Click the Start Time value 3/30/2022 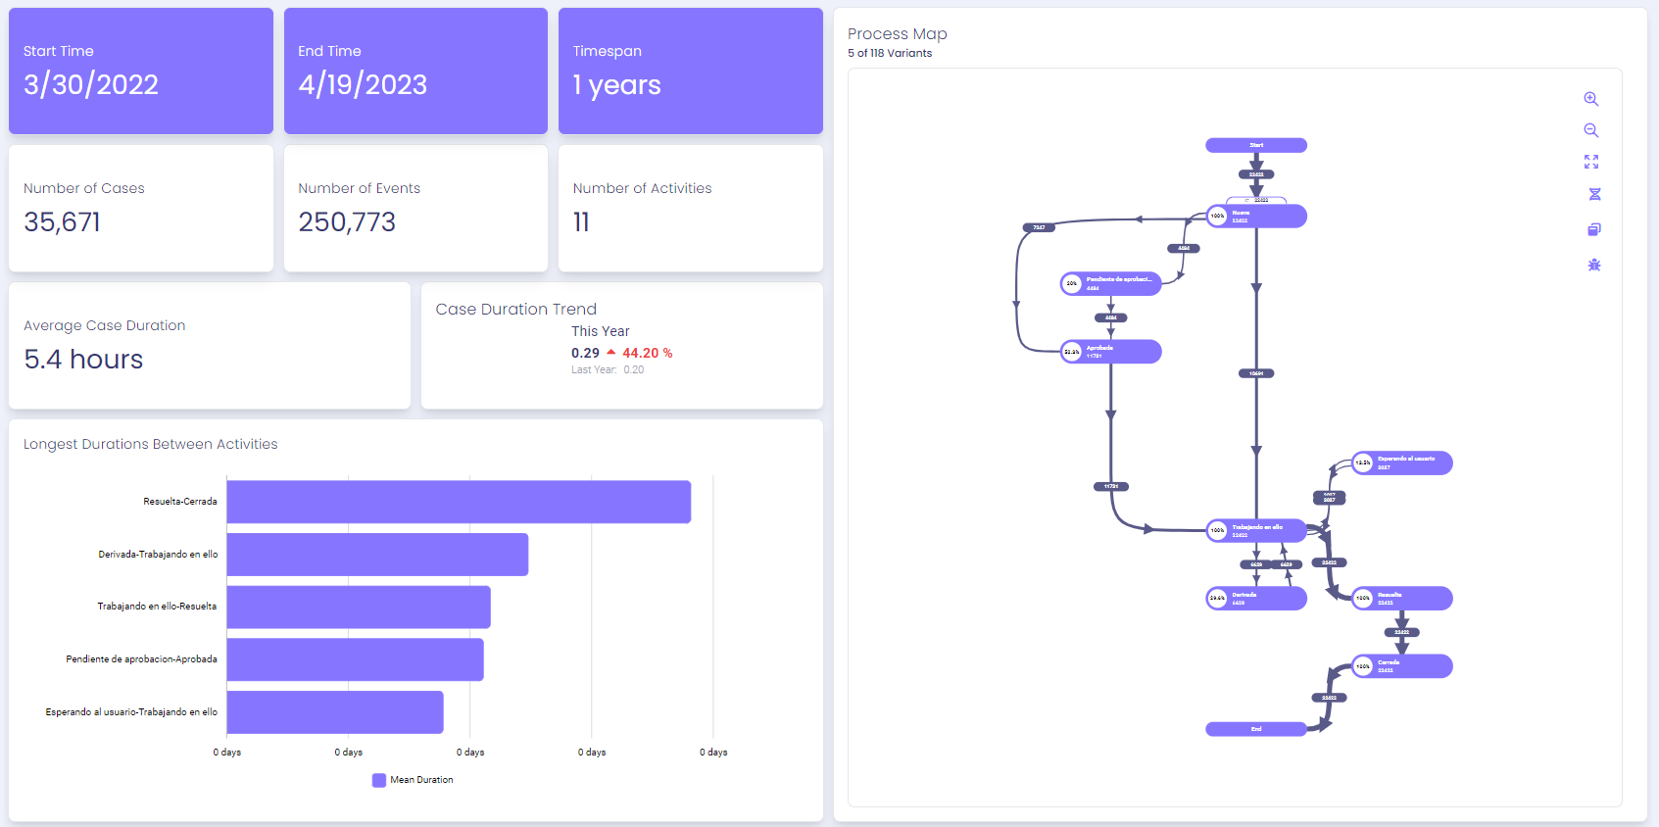click(91, 85)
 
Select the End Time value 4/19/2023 click(363, 85)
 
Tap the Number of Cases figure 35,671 click(62, 222)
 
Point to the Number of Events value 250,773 click(347, 222)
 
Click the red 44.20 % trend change click(647, 353)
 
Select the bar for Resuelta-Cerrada click(459, 502)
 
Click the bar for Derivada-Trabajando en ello click(377, 555)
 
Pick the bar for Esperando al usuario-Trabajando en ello click(335, 712)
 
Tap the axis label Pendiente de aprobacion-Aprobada click(141, 659)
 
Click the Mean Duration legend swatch click(379, 780)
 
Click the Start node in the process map click(1255, 145)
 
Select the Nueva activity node click(1256, 217)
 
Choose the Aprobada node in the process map click(1111, 352)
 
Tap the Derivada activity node click(1256, 598)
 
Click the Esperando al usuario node click(1401, 462)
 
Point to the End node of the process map click(1255, 729)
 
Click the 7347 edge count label click(1039, 227)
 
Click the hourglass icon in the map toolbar click(1594, 194)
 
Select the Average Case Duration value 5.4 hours click(83, 360)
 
